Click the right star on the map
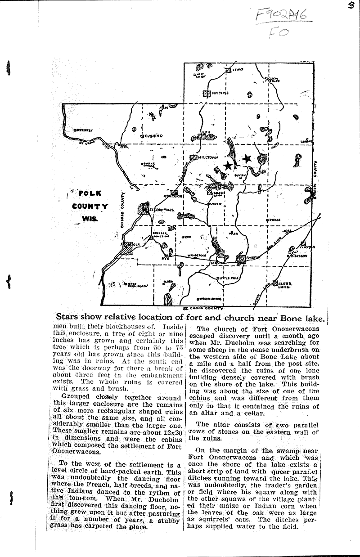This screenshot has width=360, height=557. (247, 158)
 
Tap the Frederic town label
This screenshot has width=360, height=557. (221, 93)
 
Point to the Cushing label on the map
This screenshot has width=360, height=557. (153, 135)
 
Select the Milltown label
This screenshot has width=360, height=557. (208, 157)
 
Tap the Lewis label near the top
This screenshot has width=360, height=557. (238, 70)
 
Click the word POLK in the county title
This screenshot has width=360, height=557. (90, 193)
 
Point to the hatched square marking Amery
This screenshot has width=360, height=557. (243, 258)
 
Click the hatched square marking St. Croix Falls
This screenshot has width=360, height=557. (143, 209)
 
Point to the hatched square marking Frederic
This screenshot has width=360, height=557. (207, 94)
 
